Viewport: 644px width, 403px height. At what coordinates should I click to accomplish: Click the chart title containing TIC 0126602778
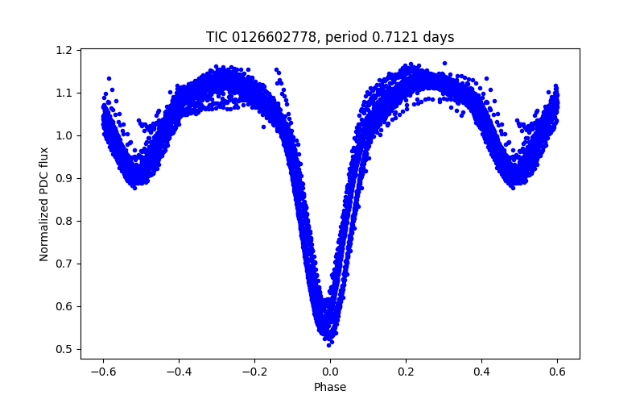click(x=330, y=37)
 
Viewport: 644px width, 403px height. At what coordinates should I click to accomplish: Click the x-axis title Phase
click(x=330, y=387)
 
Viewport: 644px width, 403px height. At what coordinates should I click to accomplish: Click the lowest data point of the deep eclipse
click(x=329, y=344)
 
